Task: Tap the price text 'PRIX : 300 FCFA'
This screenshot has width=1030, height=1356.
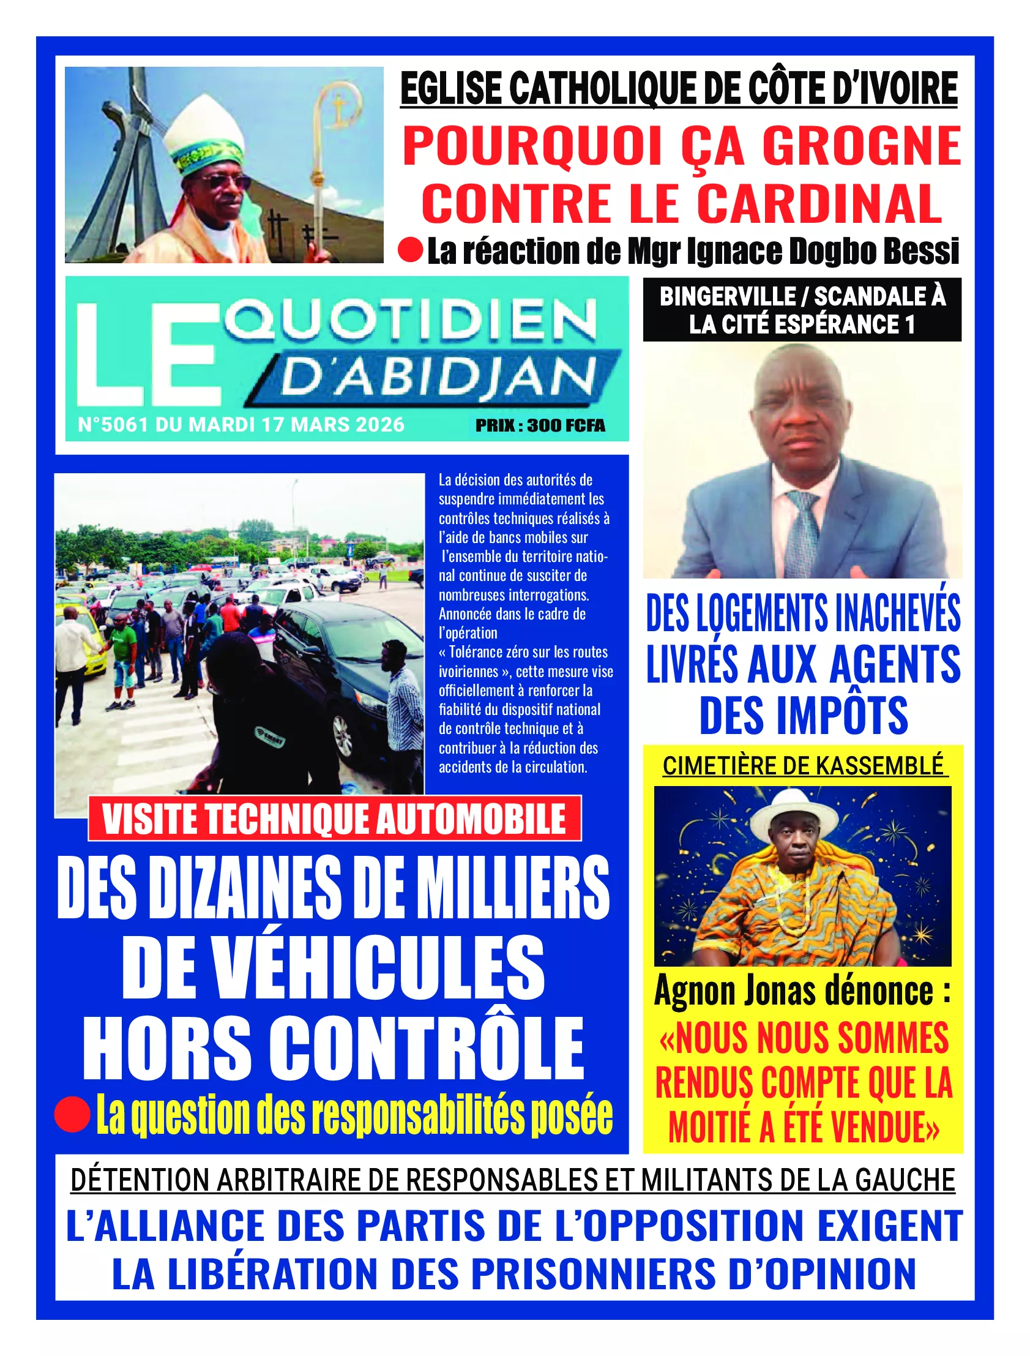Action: pos(540,425)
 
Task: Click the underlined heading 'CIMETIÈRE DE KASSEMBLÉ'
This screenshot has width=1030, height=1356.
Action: pos(803,766)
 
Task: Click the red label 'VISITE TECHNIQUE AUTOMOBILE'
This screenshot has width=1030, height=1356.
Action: pos(335,818)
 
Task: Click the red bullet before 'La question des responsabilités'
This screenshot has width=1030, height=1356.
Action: pos(72,1114)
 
